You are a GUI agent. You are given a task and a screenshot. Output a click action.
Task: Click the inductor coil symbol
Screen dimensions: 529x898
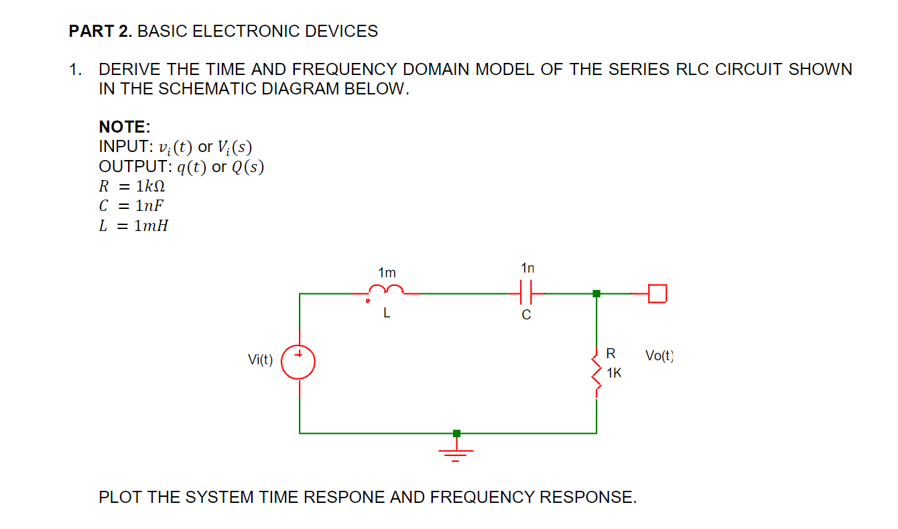tap(385, 291)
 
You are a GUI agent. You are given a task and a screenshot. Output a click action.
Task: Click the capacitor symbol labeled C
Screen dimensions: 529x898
tap(526, 293)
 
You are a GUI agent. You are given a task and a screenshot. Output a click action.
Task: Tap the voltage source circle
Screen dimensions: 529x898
tap(298, 362)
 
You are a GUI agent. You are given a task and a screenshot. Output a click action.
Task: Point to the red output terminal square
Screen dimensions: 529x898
tap(658, 293)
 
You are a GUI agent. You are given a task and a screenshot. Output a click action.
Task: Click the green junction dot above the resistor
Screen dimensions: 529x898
tap(596, 293)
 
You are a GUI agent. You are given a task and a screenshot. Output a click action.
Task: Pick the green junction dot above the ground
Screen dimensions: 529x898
tap(456, 433)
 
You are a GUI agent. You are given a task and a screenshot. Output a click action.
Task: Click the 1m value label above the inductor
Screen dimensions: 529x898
tap(387, 273)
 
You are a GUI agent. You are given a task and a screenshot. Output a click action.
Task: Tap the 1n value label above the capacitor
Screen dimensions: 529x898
tap(527, 269)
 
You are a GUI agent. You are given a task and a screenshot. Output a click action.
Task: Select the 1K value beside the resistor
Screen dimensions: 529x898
tap(613, 373)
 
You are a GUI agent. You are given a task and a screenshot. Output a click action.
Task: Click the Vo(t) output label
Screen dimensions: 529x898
tap(659, 356)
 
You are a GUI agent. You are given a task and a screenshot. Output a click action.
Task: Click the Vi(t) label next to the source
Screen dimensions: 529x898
tap(260, 360)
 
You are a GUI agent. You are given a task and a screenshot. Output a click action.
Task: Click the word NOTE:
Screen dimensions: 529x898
tap(125, 127)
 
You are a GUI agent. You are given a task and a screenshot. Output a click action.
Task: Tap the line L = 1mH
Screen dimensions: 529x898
tap(133, 226)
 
